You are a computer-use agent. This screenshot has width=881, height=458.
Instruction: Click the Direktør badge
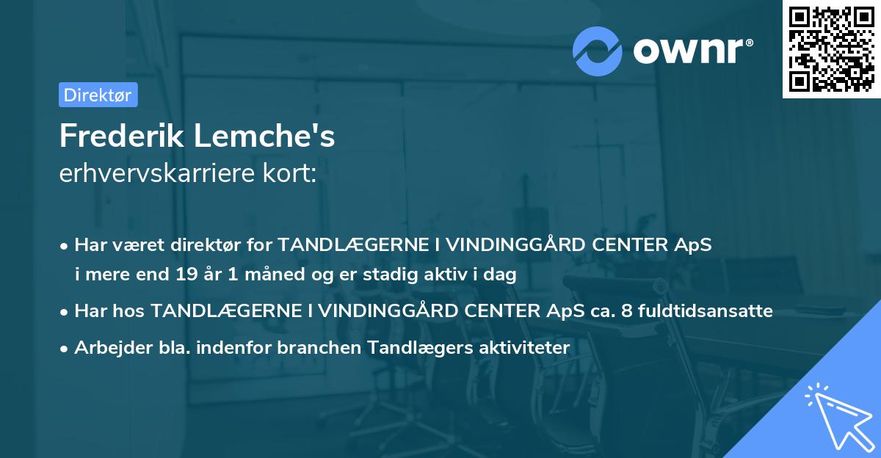point(98,95)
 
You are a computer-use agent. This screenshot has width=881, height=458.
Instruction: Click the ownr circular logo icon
point(598,51)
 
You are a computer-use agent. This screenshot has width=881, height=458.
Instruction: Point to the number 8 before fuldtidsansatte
point(626,311)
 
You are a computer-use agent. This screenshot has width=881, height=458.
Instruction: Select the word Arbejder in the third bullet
point(108,347)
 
